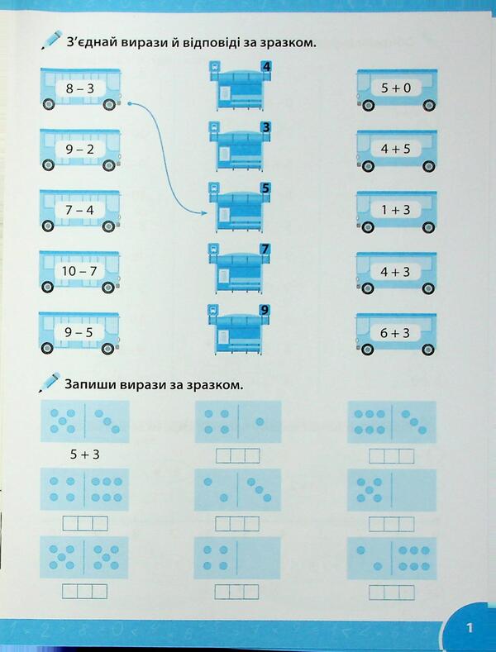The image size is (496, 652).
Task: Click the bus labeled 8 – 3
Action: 80,89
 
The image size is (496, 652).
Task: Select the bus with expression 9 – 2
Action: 80,150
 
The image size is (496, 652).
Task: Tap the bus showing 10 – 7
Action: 79,272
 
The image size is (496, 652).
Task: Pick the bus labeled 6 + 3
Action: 396,334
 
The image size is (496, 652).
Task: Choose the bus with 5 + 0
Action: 397,90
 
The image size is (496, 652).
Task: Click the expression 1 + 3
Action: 396,210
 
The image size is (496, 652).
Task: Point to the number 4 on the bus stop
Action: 266,67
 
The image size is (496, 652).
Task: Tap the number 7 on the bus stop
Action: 265,249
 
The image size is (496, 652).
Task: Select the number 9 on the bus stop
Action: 265,310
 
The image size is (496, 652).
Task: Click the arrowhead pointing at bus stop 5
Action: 204,213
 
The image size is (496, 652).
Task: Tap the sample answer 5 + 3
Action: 85,454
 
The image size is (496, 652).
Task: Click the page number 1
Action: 470,627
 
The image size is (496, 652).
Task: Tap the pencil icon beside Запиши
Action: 50,382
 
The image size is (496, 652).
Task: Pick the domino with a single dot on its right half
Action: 238,421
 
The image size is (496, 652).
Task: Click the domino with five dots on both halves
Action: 84,557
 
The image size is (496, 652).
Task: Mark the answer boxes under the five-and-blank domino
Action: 392,524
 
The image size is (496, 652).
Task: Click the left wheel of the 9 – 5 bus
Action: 47,348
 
